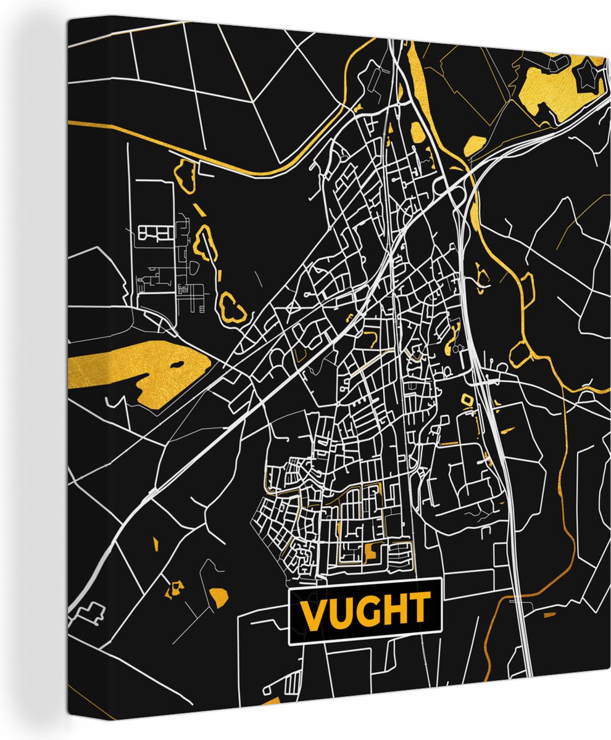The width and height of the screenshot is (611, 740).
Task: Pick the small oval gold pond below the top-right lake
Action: coord(474,146)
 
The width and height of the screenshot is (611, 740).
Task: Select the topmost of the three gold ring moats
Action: coord(185,173)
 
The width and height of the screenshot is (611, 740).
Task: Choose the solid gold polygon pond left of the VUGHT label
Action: coord(218,596)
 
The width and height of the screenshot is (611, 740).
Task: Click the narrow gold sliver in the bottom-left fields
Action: coord(156,544)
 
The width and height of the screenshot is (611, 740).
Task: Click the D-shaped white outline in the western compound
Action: coord(193,267)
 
